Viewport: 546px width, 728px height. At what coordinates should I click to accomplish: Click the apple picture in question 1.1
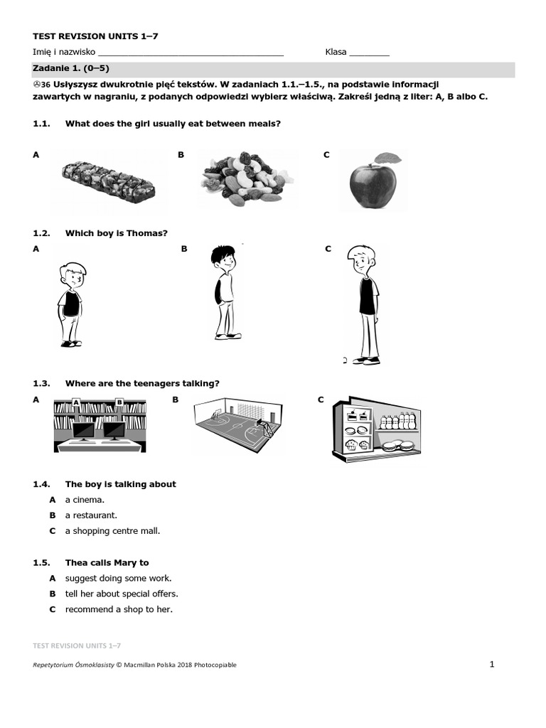pos(373,186)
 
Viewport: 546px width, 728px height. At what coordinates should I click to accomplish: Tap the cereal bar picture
pos(108,180)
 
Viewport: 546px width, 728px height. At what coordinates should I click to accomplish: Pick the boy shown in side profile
pos(224,291)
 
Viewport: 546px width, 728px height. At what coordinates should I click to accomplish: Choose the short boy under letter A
pos(71,304)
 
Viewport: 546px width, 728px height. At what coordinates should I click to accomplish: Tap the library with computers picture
pos(100,424)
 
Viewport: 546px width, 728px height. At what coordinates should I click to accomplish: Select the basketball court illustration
pos(237,424)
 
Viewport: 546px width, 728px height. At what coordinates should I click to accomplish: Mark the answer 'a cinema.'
pos(85,500)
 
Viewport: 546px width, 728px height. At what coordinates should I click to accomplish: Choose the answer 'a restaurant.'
pos(91,515)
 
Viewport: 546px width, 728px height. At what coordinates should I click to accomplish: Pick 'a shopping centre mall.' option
pos(112,531)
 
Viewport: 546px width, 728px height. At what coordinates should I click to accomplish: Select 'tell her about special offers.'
pos(122,594)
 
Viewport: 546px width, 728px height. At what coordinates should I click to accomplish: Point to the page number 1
pos(491,664)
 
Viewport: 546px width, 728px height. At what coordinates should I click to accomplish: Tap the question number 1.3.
pos(41,383)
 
